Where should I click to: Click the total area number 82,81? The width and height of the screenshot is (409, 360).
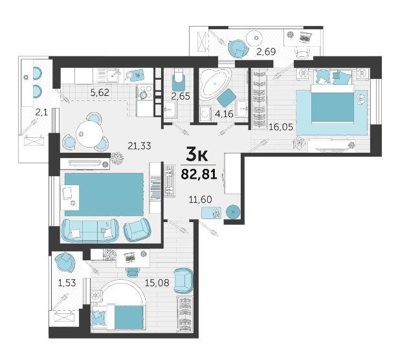coord(199,174)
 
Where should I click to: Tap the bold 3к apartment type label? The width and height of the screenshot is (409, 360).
coord(197,155)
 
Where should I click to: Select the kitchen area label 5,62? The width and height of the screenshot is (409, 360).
coord(100,92)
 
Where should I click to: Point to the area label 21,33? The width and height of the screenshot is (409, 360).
coord(139,146)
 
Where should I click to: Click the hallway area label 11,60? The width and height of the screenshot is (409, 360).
coord(201,199)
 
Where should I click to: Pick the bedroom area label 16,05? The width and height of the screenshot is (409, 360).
coord(281,127)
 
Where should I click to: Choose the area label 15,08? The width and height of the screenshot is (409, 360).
coord(157,282)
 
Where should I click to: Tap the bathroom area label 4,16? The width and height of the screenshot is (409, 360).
coord(224,114)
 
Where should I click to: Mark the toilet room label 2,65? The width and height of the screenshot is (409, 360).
coord(181,96)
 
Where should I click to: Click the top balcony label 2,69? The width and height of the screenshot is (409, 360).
coord(266,51)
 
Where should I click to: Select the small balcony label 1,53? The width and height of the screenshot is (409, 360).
coord(67,282)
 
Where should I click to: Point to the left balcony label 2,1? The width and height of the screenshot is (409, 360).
coord(41,113)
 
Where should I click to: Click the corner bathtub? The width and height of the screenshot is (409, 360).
coord(216,82)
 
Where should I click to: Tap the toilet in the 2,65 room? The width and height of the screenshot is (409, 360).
coord(179,77)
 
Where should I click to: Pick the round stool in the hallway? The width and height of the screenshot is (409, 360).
coord(233,212)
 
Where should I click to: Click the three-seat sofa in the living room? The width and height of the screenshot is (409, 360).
coord(90,231)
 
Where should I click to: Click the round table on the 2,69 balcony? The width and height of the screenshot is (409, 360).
coord(254,38)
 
